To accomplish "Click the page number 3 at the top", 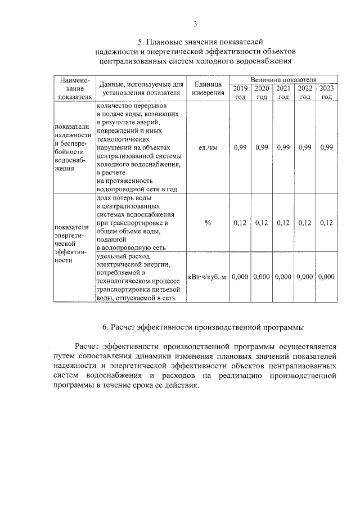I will pos(195,24).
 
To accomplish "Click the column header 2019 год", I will pos(240,92).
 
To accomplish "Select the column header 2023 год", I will pos(326,92).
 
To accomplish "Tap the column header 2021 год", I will pos(283,92).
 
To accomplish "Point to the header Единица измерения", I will pos(208,88).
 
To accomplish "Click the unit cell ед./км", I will pos(208,147).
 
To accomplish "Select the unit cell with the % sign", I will pos(208,223).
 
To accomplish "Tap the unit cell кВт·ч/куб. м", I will pos(208,277).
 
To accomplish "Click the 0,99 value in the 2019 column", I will pos(240,147).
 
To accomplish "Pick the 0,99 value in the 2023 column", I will pos(326,147).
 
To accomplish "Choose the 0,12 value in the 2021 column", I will pos(283,223).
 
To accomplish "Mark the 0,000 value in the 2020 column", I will pos(262,277).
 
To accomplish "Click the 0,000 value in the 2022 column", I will pos(305,277).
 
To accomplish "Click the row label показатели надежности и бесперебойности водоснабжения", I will pos(74,147).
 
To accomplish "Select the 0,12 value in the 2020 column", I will pos(262,223).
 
